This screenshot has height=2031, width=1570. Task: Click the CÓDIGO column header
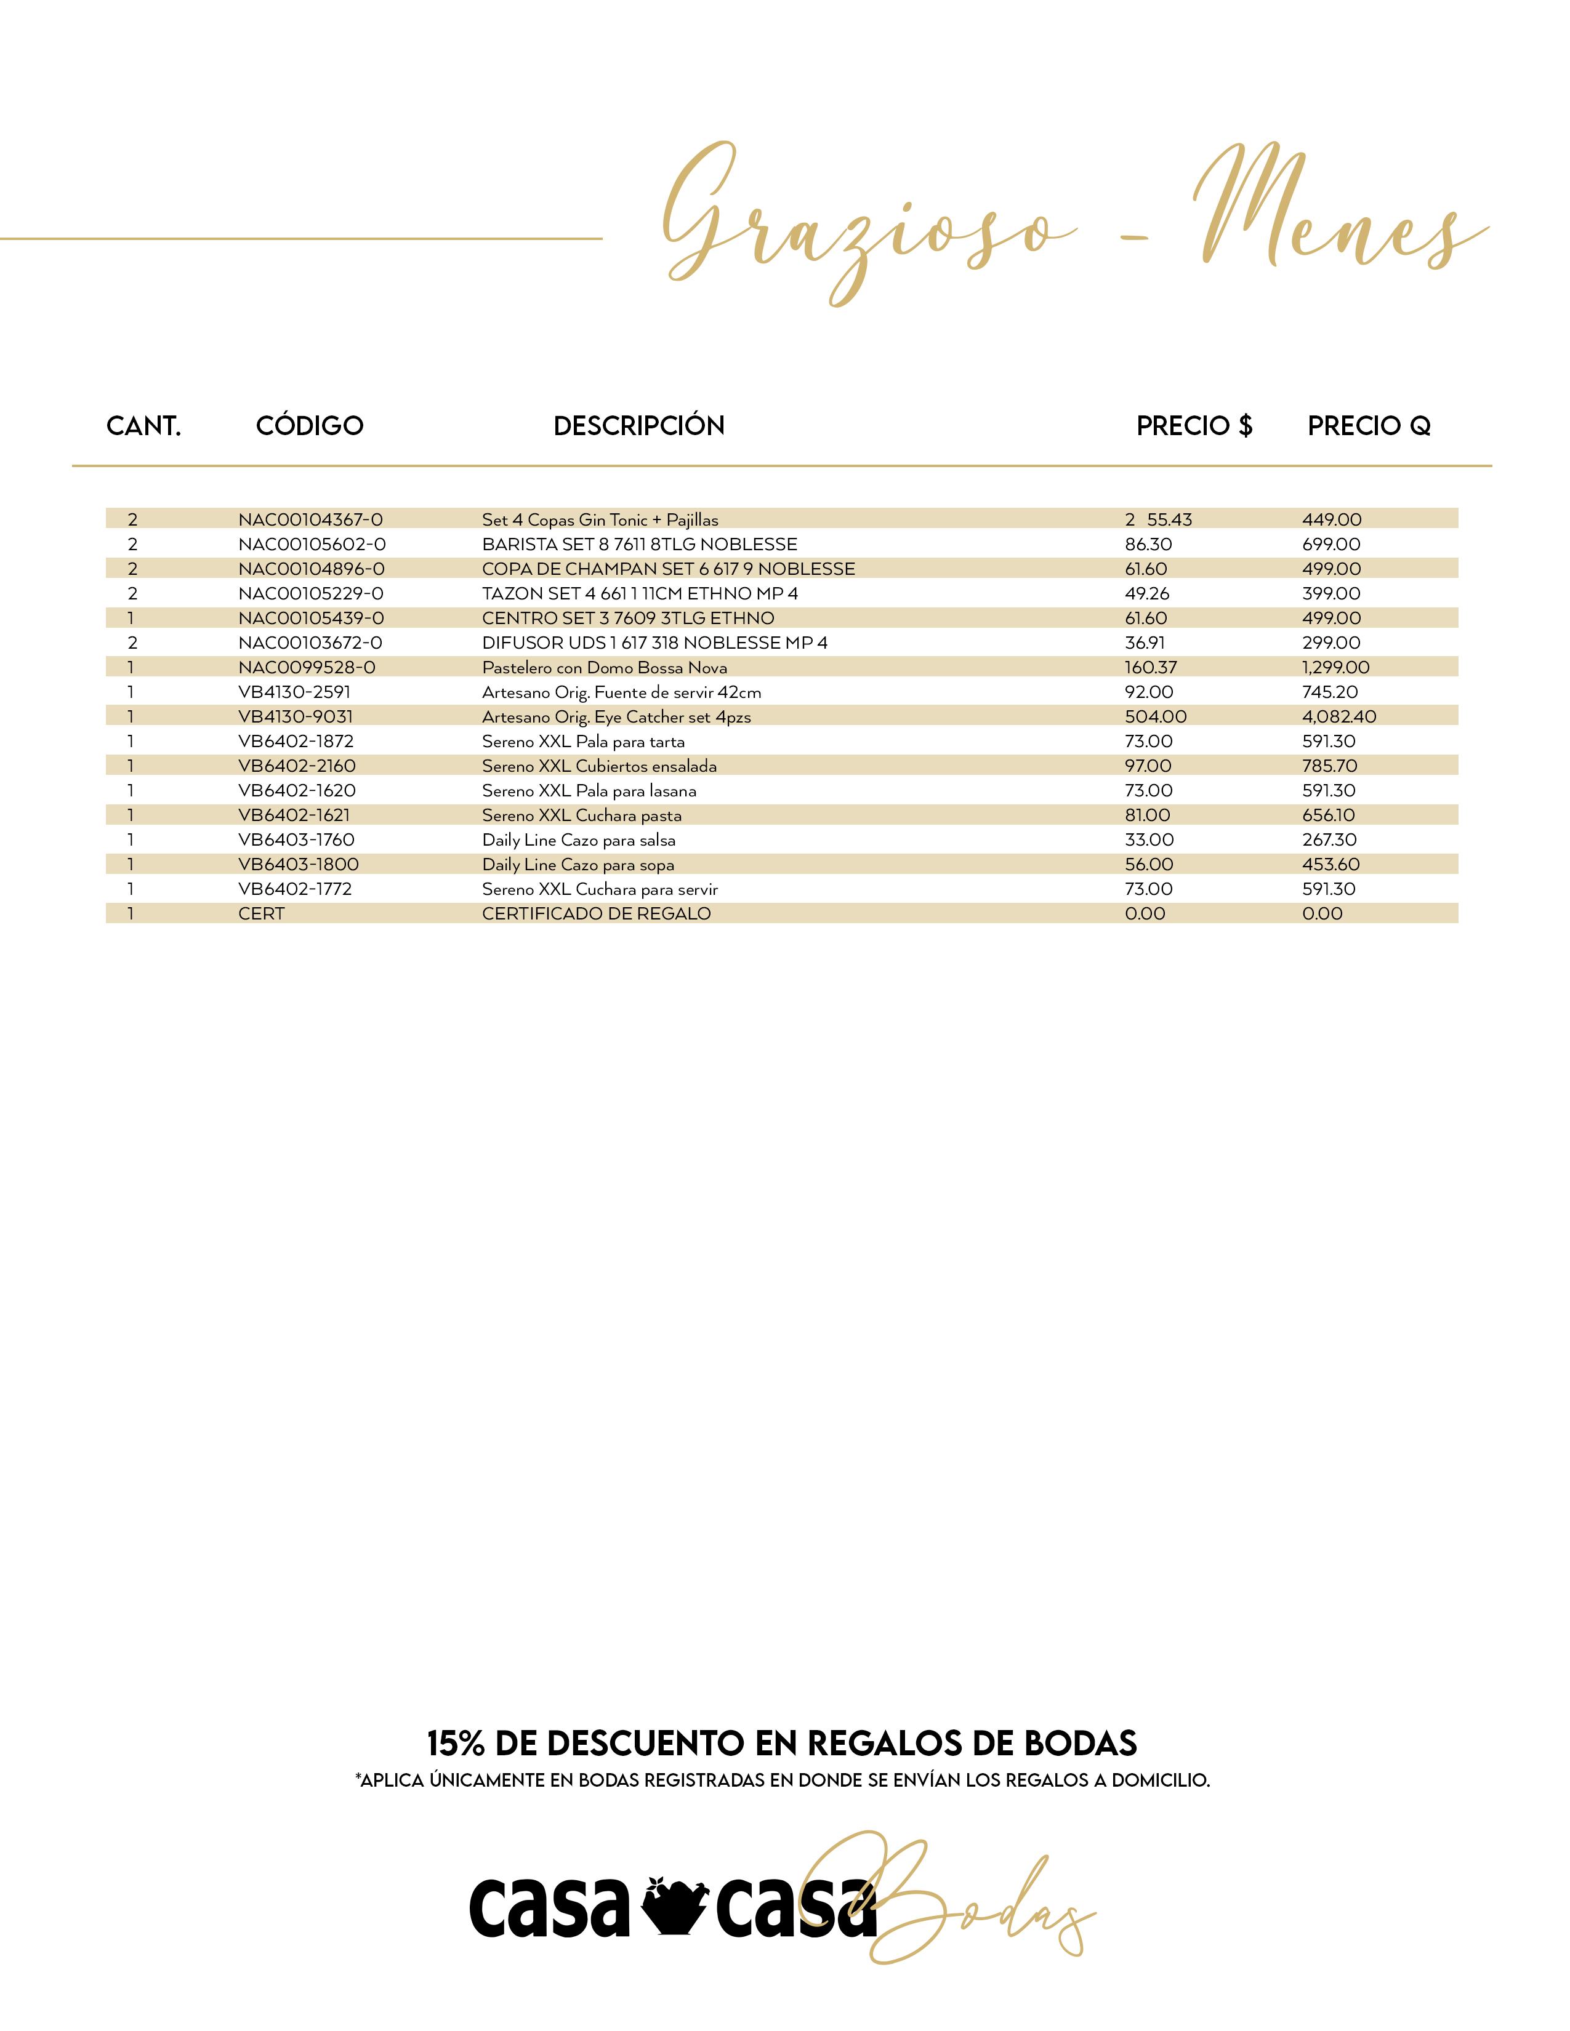[310, 426]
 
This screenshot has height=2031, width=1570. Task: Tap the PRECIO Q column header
[1368, 426]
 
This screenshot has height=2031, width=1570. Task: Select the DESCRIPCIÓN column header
[639, 426]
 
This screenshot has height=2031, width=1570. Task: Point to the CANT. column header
[143, 426]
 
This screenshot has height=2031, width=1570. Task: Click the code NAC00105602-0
[312, 544]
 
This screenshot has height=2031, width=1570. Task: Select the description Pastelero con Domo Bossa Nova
[605, 668]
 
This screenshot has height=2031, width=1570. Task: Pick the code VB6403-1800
[297, 865]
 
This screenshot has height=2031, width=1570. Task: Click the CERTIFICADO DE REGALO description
[596, 914]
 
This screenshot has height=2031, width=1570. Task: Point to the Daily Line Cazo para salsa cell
[579, 839]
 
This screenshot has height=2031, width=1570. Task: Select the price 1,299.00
[1335, 668]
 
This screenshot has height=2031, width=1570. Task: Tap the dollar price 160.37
[1151, 668]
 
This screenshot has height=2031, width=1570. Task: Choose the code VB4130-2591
[294, 692]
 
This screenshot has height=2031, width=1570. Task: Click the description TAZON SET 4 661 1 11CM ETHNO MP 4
[640, 593]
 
